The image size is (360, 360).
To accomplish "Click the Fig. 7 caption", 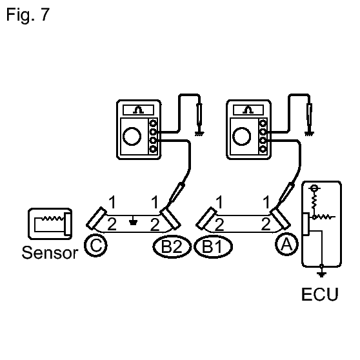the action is pos(28,15).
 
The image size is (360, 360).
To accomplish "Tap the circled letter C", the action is pos(95,245).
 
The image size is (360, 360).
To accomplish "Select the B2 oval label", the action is pos(172,246).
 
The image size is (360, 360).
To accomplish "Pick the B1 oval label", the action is pos(214,246).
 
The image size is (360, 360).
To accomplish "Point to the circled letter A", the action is pos(286,244).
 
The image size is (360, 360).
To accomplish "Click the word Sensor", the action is pos(50,252).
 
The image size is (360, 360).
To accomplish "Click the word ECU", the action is pos(320,294).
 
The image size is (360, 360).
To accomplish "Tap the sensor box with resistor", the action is pos(50,224).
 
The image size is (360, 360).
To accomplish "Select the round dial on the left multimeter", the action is pos(132,136).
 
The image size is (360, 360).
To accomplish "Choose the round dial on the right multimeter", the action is pos(242,136).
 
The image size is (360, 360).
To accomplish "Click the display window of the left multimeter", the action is pos(139,110).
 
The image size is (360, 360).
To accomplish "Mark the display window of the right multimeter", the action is pos(248,110).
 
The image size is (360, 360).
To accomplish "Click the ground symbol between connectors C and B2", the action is pos(133,221).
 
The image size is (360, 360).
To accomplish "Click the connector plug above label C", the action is pos(96,218).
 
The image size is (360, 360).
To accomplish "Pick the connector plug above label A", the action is pos(281,218).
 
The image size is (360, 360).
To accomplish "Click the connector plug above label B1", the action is pos(206,218).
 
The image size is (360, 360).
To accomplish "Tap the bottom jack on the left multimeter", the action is pos(153,149).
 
